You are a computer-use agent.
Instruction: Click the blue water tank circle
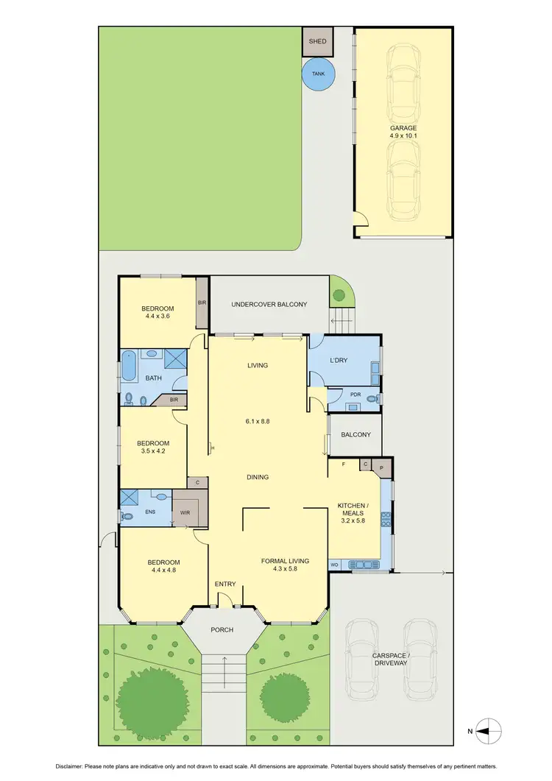coord(318,74)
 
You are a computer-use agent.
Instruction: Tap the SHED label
coord(317,42)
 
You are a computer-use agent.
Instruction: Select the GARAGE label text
coord(403,127)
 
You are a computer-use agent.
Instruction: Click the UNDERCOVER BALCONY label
coord(269,304)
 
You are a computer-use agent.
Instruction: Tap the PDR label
coord(355,395)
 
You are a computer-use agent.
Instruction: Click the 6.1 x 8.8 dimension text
coord(258,422)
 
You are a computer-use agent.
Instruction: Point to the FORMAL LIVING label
coord(285,561)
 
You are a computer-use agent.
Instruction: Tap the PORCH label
coord(222,629)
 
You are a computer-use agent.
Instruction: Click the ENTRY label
coord(225,584)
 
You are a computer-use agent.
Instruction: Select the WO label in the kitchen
coord(333,565)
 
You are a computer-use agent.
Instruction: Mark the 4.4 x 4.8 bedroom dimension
coord(163,569)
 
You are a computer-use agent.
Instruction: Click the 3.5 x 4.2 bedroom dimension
coord(154,453)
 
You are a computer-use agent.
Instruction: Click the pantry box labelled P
coord(381,466)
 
